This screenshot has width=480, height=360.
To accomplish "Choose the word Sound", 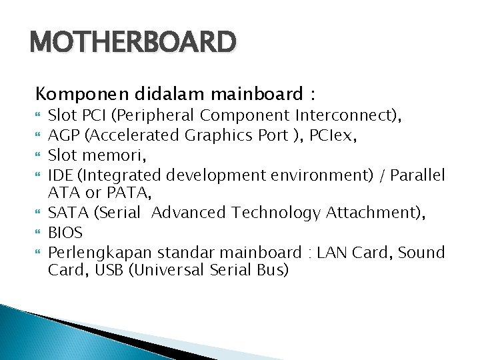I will pos(418,253).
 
